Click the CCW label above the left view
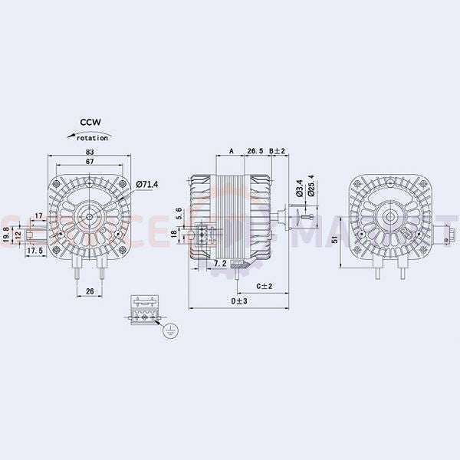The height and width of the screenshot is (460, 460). pyautogui.click(x=90, y=122)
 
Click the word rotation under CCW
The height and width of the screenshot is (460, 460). pyautogui.click(x=94, y=137)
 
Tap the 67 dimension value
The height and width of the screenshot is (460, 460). pyautogui.click(x=90, y=163)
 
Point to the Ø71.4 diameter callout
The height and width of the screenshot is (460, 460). pyautogui.click(x=146, y=185)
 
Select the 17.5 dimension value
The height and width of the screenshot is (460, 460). pyautogui.click(x=34, y=251)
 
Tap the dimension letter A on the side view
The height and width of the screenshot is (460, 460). pyautogui.click(x=232, y=152)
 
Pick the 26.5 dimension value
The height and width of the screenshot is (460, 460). pyautogui.click(x=255, y=152)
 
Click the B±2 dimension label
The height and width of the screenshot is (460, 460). pyautogui.click(x=277, y=152)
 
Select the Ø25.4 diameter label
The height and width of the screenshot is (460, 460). pyautogui.click(x=310, y=186)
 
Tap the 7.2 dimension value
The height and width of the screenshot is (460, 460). pyautogui.click(x=219, y=263)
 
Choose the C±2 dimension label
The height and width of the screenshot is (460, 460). pyautogui.click(x=264, y=287)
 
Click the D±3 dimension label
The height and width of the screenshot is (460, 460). pyautogui.click(x=239, y=301)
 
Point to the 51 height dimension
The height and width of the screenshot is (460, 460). pyautogui.click(x=335, y=239)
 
